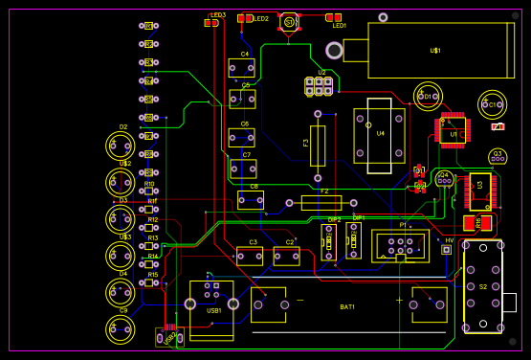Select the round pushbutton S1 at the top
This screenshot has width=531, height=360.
point(290,20)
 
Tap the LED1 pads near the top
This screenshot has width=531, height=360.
point(334,18)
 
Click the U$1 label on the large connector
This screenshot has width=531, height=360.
point(435,50)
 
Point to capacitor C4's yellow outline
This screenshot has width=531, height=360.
point(241,67)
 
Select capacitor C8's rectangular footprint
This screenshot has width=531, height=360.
point(251,199)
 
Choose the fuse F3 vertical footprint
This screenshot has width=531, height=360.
point(318,145)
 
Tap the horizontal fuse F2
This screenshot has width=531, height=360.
point(321,203)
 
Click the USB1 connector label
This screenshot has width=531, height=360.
point(214,310)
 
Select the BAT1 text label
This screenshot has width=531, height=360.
point(347,306)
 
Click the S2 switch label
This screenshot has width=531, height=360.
point(483,286)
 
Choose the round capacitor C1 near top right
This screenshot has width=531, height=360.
point(492,103)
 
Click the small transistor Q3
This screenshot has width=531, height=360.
point(497,156)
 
